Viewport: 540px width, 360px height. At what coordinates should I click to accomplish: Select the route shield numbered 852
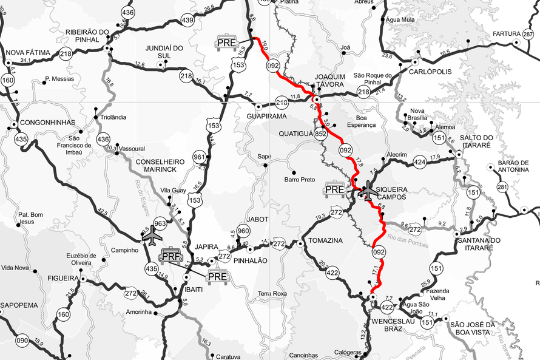pyautogui.click(x=322, y=134)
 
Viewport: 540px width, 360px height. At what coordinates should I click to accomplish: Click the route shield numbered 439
pyautogui.click(x=187, y=20)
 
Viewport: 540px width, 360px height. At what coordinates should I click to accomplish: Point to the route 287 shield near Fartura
pyautogui.click(x=528, y=34)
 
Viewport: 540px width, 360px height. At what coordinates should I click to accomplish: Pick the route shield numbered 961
pyautogui.click(x=198, y=158)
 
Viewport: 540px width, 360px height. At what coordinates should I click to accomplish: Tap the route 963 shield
pyautogui.click(x=160, y=223)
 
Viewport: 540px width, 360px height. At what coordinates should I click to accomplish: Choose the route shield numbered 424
pyautogui.click(x=419, y=162)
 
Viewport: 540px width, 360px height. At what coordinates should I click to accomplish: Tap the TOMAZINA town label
pyautogui.click(x=325, y=240)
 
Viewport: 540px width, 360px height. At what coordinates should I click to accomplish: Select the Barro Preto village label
pyautogui.click(x=300, y=180)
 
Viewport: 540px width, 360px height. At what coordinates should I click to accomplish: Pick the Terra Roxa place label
pyautogui.click(x=272, y=294)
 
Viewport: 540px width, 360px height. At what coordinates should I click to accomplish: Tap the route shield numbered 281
pyautogui.click(x=502, y=186)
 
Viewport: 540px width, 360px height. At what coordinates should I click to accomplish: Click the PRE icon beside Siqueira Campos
pyautogui.click(x=334, y=189)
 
